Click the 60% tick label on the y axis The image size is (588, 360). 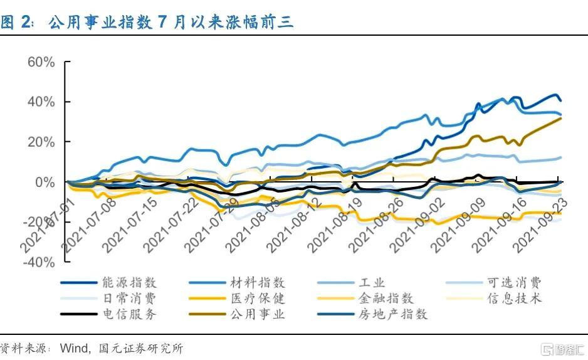(x=42, y=62)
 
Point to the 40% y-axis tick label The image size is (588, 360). (x=42, y=102)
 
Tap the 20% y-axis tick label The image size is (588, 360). (x=42, y=142)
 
